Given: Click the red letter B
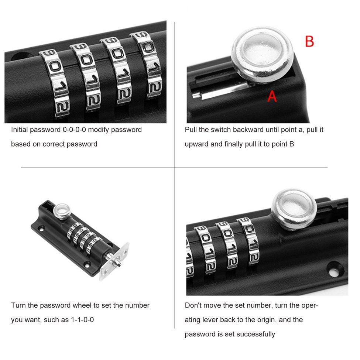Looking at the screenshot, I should pyautogui.click(x=309, y=41).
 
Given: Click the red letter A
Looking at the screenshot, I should pyautogui.click(x=272, y=96).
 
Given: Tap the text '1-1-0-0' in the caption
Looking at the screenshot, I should pyautogui.click(x=82, y=320).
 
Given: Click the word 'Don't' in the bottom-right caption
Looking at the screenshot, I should pyautogui.click(x=193, y=305).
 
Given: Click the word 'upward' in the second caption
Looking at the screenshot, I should pyautogui.click(x=196, y=144).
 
